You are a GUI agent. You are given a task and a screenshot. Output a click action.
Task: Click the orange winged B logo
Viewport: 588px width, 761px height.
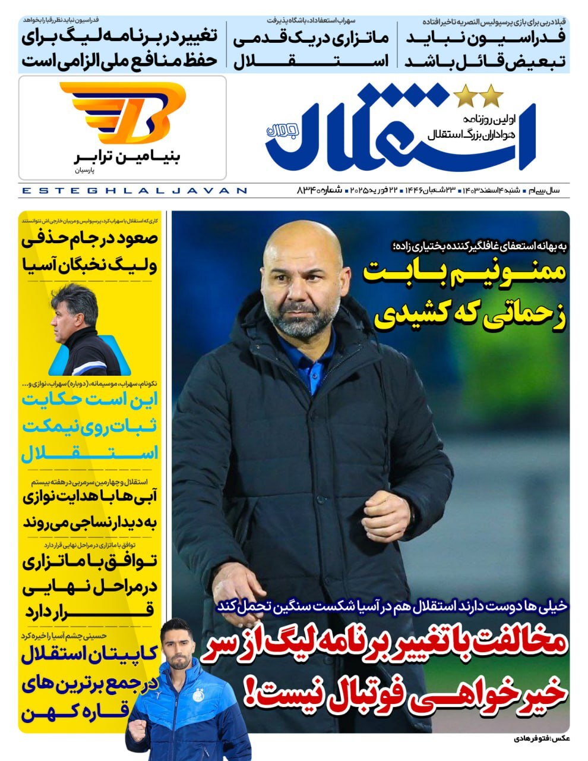click(x=122, y=112)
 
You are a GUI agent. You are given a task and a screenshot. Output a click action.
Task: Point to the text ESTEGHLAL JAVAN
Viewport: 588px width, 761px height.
click(x=134, y=191)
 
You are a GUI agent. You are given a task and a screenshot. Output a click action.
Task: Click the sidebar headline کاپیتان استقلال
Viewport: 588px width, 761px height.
click(x=89, y=656)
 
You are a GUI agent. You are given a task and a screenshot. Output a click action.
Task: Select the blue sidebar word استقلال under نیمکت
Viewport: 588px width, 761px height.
click(x=89, y=453)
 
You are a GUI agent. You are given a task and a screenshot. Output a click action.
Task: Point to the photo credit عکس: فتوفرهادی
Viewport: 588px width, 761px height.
click(x=540, y=739)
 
